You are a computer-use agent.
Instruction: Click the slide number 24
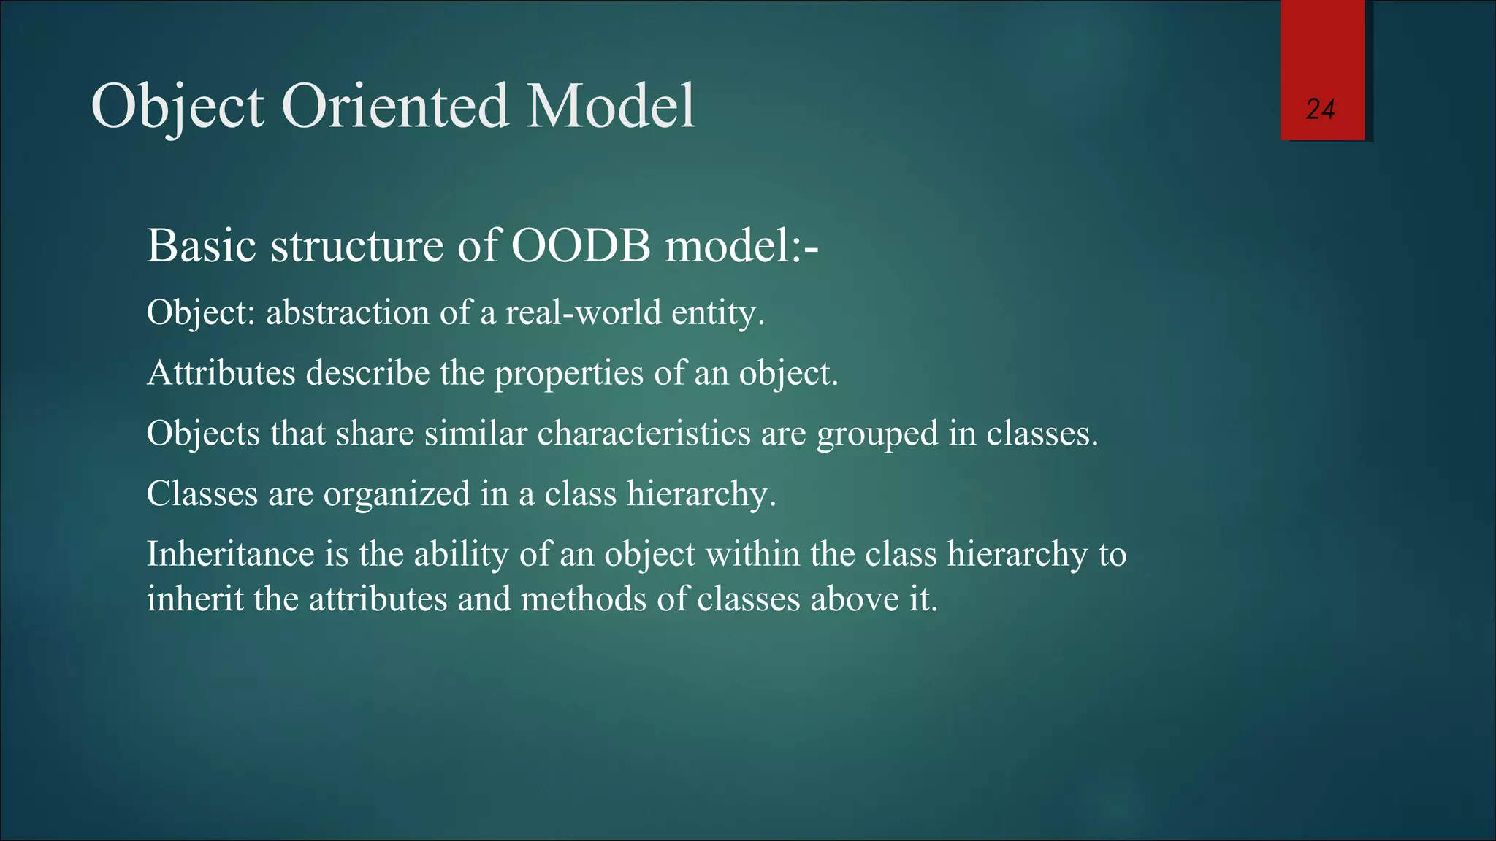point(1320,110)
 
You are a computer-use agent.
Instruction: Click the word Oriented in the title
point(394,107)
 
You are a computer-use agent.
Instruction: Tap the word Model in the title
point(611,107)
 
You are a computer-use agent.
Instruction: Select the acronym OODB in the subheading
point(580,245)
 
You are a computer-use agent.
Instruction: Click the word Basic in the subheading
point(202,245)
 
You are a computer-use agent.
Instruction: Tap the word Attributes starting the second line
point(221,373)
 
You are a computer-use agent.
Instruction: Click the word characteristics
point(644,434)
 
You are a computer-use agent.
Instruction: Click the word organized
point(397,495)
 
